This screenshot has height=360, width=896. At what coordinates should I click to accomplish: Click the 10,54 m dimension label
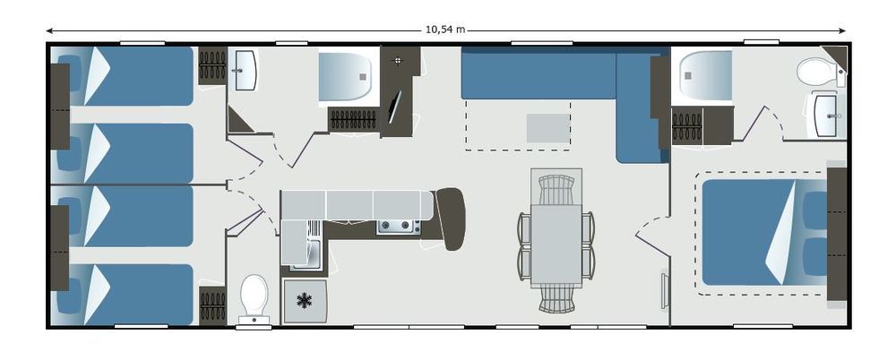[x=445, y=30]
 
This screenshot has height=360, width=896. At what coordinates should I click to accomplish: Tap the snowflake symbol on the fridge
[x=305, y=301]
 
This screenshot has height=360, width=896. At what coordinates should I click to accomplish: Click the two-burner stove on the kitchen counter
[x=399, y=227]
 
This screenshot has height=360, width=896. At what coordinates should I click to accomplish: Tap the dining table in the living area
[x=556, y=245]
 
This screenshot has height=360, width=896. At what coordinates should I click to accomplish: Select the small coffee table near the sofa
[x=548, y=128]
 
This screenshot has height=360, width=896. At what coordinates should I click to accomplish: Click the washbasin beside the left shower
[x=246, y=70]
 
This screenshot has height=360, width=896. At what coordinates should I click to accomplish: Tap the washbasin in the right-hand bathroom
[x=826, y=116]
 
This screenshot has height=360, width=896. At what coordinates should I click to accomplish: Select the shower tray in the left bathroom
[x=346, y=77]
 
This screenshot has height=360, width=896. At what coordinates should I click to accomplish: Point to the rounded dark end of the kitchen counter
[x=451, y=219]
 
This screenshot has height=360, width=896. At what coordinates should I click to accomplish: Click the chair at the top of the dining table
[x=556, y=190]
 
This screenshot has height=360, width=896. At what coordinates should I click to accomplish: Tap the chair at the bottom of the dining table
[x=556, y=299]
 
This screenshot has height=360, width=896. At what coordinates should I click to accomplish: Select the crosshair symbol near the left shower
[x=399, y=60]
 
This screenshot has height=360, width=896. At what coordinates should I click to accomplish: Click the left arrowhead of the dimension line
[x=50, y=30]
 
